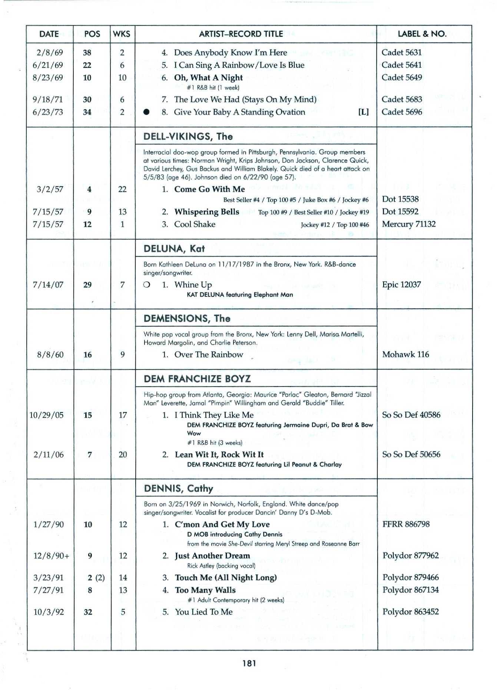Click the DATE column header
(49, 34)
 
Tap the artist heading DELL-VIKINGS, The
(188, 137)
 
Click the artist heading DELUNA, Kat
(174, 249)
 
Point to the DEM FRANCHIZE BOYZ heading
(197, 379)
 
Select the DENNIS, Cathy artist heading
(179, 489)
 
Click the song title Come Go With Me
(210, 189)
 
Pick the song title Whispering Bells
(207, 212)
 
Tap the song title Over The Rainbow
(209, 355)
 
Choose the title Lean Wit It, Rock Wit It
(219, 455)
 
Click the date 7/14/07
(48, 285)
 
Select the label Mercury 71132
(409, 224)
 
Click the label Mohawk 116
(405, 355)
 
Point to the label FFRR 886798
(406, 524)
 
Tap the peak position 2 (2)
(96, 578)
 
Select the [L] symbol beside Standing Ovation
(363, 112)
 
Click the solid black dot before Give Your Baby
(146, 112)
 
